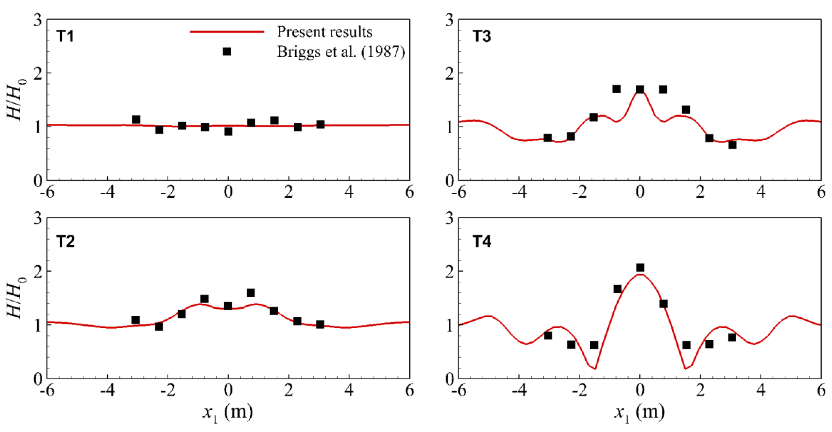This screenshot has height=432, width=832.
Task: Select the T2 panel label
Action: tap(65, 241)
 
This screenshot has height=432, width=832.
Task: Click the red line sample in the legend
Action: tap(227, 32)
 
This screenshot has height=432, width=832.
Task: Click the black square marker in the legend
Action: tap(227, 51)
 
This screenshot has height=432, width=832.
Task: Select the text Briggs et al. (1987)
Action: tap(341, 52)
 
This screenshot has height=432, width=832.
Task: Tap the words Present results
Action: tap(324, 32)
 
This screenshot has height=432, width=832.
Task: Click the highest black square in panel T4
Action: tap(640, 267)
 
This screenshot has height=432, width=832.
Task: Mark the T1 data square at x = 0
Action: tap(228, 131)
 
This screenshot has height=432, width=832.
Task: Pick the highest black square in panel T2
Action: tap(251, 292)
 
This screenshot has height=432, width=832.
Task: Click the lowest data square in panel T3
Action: tap(732, 145)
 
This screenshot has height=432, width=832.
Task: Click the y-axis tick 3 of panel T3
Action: tap(449, 20)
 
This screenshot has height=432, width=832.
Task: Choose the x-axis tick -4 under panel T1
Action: tap(107, 193)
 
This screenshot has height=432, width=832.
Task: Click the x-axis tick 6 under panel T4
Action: tap(821, 391)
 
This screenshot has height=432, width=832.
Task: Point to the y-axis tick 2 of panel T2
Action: tap(38, 271)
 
